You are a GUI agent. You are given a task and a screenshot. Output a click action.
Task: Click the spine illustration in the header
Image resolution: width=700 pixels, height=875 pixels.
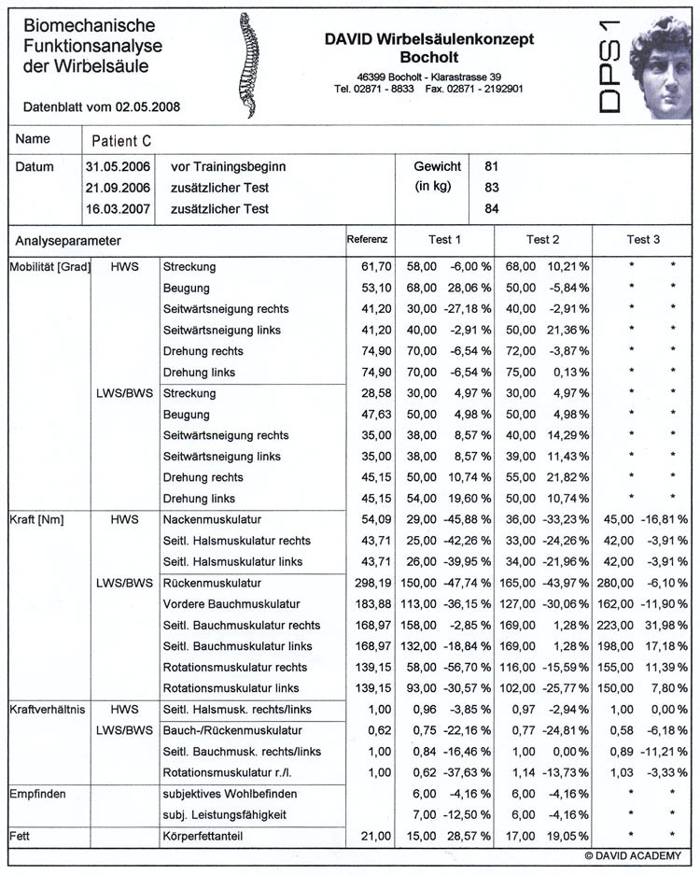[x=248, y=64]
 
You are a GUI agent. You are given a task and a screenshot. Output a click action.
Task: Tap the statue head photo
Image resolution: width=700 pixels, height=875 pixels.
[x=662, y=66]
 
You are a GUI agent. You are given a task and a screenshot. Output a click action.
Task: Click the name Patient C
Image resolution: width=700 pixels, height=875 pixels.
[x=121, y=141]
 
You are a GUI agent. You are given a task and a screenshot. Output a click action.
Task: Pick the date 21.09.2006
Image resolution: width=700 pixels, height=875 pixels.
[x=111, y=188]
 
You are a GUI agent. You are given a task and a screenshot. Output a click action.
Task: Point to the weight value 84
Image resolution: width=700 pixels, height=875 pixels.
[x=492, y=208]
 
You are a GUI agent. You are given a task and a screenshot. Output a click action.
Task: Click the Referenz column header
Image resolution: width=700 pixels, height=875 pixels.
[x=367, y=239]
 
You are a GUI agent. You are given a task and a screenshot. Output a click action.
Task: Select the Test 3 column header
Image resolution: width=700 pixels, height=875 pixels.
[x=643, y=240]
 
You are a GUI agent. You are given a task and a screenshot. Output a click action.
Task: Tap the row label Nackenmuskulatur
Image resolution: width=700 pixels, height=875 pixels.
[x=211, y=519]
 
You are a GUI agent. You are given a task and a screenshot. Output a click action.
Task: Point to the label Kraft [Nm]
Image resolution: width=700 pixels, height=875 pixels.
[x=36, y=519]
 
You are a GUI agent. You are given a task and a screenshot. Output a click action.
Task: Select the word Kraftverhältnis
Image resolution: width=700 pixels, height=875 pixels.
[x=48, y=710]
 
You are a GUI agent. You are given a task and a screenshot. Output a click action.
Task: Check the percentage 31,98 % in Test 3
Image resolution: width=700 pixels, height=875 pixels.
[x=662, y=626]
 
